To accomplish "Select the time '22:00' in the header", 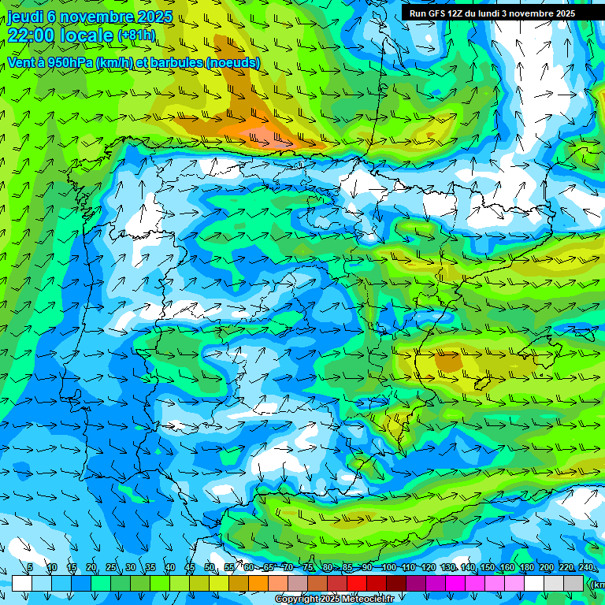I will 30,35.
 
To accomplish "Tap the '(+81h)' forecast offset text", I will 136,35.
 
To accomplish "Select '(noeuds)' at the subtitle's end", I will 232,62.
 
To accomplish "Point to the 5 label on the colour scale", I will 30,568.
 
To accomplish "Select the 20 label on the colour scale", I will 91,568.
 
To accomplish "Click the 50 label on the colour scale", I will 210,568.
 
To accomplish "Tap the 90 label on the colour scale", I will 367,568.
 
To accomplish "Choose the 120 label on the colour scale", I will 428,568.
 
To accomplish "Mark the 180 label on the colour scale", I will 527,568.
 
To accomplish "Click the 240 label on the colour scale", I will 586,568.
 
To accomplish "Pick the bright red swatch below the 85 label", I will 357,583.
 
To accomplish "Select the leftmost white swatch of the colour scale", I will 22,583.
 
